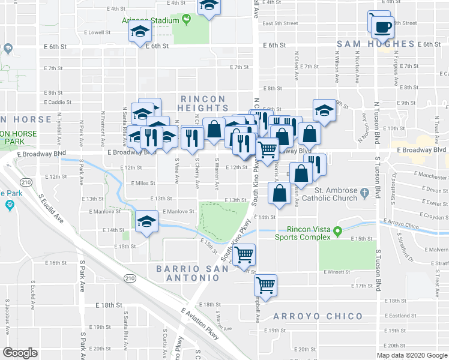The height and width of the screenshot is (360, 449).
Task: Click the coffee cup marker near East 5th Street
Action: (x=382, y=26)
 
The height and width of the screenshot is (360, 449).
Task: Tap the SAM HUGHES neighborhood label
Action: (x=376, y=44)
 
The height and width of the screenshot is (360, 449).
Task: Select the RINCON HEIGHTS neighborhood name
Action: (x=203, y=103)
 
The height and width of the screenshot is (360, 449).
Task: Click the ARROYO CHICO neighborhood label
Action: (x=318, y=316)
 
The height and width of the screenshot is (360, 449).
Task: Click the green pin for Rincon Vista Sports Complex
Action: (x=338, y=230)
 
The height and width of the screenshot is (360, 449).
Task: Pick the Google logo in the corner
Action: (x=20, y=353)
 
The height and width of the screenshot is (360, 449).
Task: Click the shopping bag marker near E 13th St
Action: (x=279, y=194)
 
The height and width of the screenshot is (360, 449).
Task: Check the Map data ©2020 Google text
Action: (x=411, y=355)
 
